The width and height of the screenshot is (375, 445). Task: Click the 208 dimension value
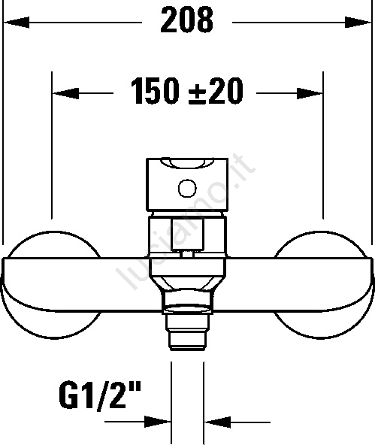click(x=186, y=20)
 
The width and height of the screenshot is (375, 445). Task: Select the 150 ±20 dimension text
click(x=187, y=92)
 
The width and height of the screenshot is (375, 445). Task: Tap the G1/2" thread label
click(x=99, y=395)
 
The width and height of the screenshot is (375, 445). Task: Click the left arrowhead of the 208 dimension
click(x=16, y=22)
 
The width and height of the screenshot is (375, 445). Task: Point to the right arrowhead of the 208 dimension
click(x=358, y=22)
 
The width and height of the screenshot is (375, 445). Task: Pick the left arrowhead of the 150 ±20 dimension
click(x=66, y=93)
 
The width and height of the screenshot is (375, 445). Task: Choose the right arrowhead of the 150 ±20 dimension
click(x=310, y=93)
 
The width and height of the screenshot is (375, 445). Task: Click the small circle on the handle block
click(x=187, y=188)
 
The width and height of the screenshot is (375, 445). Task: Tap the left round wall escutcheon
click(x=51, y=285)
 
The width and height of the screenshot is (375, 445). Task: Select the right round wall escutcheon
click(x=323, y=285)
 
